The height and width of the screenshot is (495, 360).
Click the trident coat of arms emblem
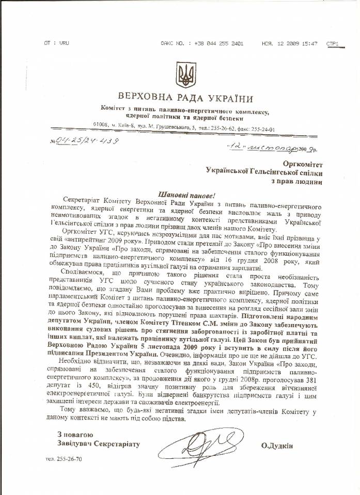point(183,75)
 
